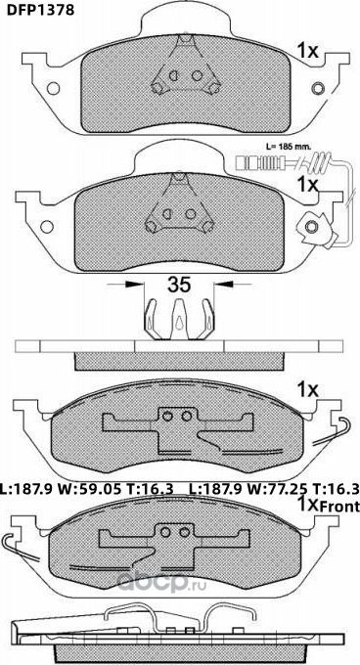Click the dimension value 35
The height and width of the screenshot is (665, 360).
click(x=179, y=287)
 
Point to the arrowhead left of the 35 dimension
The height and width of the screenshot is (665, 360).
click(x=135, y=286)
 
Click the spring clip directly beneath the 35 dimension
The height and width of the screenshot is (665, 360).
click(x=179, y=322)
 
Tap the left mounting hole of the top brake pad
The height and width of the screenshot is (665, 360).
click(x=43, y=91)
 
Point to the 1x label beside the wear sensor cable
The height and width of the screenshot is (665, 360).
click(x=307, y=184)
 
